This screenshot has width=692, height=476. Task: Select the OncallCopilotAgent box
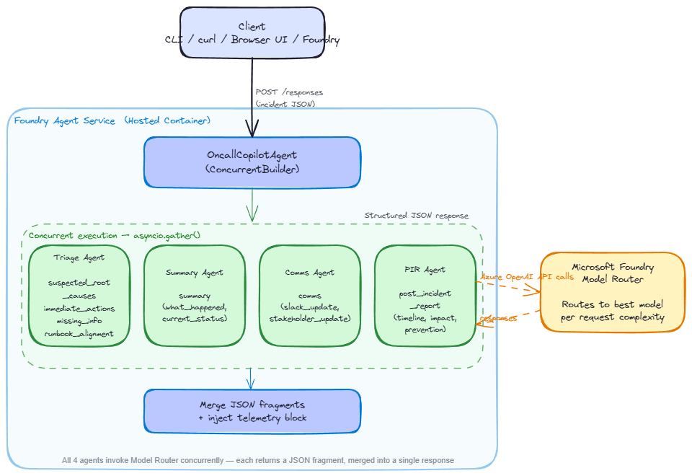pyautogui.click(x=252, y=163)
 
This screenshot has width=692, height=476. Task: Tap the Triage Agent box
pyautogui.click(x=79, y=295)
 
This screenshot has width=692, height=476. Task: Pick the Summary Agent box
pyautogui.click(x=195, y=295)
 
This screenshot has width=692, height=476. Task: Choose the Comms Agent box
pyautogui.click(x=309, y=295)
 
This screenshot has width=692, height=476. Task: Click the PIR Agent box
pyautogui.click(x=425, y=295)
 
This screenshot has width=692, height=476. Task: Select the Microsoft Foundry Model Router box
pyautogui.click(x=612, y=291)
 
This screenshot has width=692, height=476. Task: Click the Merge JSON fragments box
pyautogui.click(x=252, y=411)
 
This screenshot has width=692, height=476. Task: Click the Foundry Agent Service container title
pyautogui.click(x=112, y=120)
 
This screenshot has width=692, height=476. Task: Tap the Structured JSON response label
pyautogui.click(x=416, y=215)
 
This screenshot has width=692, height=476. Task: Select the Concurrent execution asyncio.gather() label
pyautogui.click(x=115, y=235)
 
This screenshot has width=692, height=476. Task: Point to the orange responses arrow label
pyautogui.click(x=499, y=317)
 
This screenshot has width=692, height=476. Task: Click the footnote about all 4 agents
pyautogui.click(x=258, y=460)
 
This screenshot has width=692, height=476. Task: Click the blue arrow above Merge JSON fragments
pyautogui.click(x=251, y=378)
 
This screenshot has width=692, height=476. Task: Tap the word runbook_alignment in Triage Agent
pyautogui.click(x=79, y=333)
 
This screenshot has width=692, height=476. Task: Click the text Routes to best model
pyautogui.click(x=612, y=304)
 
